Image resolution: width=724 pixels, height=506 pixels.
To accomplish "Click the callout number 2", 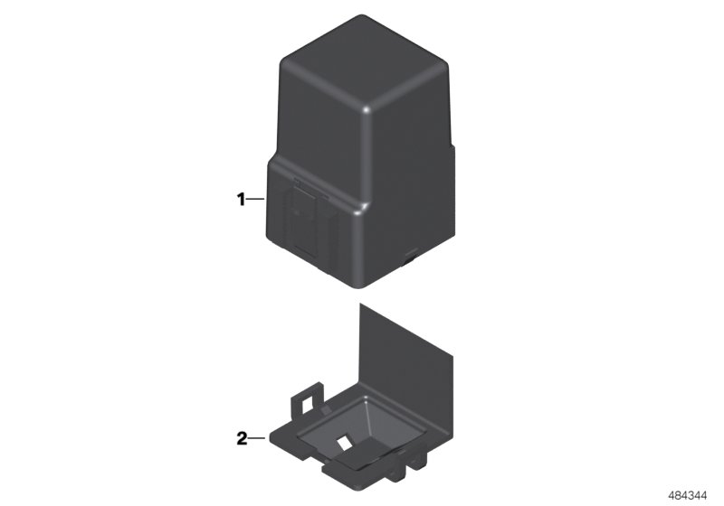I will coord(242,439).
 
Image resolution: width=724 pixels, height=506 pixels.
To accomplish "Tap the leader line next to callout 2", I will coord(256,439).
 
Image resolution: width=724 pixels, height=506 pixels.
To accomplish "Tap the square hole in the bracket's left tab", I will coord(310,396).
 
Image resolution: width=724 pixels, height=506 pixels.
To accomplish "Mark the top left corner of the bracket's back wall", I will coord(361,305).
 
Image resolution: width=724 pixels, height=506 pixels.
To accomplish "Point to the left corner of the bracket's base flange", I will coord(270,440).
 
